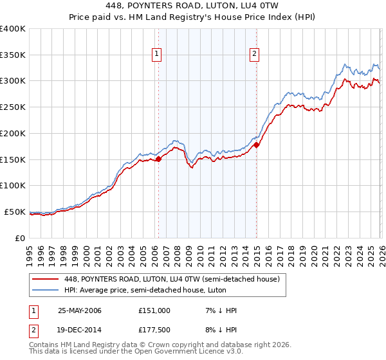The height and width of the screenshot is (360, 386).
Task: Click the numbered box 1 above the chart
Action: point(157,55)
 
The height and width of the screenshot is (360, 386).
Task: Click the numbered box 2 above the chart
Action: point(255,55)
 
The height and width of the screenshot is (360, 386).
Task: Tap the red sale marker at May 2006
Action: point(158,159)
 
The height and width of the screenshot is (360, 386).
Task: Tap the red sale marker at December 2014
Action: point(256,145)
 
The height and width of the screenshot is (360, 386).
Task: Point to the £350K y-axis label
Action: point(13,55)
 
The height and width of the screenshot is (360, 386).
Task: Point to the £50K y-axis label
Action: point(15,212)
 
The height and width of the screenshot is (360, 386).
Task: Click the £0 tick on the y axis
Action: point(20,238)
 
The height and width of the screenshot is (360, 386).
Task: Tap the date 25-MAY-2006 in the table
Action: point(80,310)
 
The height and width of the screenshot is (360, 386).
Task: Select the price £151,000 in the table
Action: point(154,310)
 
